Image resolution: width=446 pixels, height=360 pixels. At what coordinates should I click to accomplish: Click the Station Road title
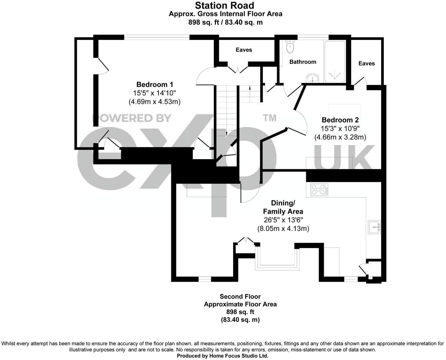pos(225,5)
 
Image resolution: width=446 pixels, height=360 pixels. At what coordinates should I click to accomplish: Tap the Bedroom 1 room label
pos(154,84)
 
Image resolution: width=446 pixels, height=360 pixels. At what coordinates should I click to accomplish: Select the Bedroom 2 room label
pos(340,120)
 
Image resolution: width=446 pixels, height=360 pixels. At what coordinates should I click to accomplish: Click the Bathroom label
pos(303,62)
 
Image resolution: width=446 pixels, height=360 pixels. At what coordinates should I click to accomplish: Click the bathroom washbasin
pos(313,79)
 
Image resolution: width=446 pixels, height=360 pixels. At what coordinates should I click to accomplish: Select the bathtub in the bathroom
pos(334,61)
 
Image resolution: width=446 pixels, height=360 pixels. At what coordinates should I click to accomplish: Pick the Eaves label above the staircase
pos(243,50)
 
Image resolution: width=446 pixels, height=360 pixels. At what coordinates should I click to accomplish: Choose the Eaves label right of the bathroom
pos(366,63)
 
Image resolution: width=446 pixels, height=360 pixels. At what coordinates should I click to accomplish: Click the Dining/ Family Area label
pos(283,207)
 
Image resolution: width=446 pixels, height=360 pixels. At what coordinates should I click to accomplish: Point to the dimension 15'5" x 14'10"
pos(154,93)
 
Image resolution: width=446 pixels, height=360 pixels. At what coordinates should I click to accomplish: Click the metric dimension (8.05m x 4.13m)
pos(283,229)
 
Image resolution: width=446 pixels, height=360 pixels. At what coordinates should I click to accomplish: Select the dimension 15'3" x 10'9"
pos(340,128)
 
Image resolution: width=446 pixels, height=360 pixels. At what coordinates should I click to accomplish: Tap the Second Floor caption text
pos(240,297)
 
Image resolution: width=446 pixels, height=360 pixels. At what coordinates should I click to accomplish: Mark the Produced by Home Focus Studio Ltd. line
pos(223,356)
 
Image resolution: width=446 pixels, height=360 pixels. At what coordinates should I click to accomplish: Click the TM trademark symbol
pos(269,118)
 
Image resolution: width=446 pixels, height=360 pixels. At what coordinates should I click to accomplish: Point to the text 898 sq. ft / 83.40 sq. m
pos(225,22)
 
